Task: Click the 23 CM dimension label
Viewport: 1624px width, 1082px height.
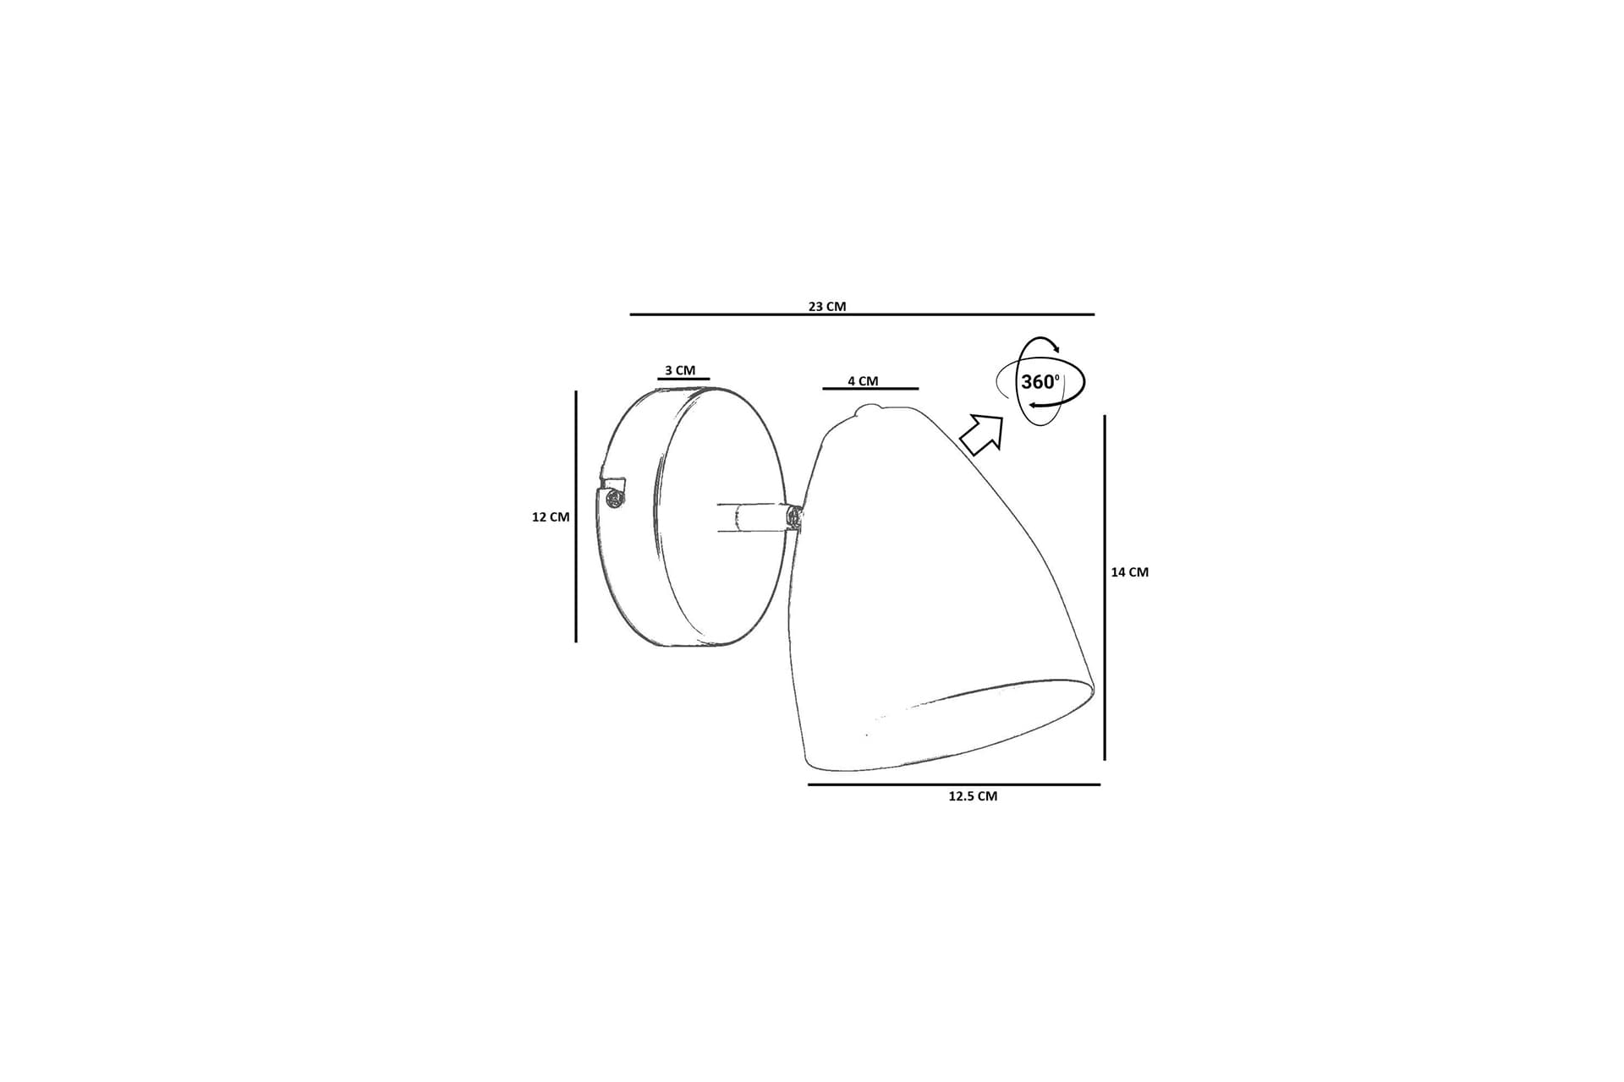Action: (826, 306)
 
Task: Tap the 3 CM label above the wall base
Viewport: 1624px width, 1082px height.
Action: (680, 370)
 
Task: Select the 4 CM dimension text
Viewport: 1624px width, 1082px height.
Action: (863, 381)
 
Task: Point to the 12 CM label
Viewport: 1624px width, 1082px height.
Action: (551, 516)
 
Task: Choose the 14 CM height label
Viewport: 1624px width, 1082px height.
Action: (1130, 572)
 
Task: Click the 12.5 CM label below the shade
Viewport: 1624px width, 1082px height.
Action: (973, 796)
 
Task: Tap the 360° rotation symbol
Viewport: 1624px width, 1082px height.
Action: (1040, 381)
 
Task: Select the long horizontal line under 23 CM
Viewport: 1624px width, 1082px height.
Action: (862, 314)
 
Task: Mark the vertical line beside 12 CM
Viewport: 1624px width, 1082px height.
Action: (576, 516)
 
